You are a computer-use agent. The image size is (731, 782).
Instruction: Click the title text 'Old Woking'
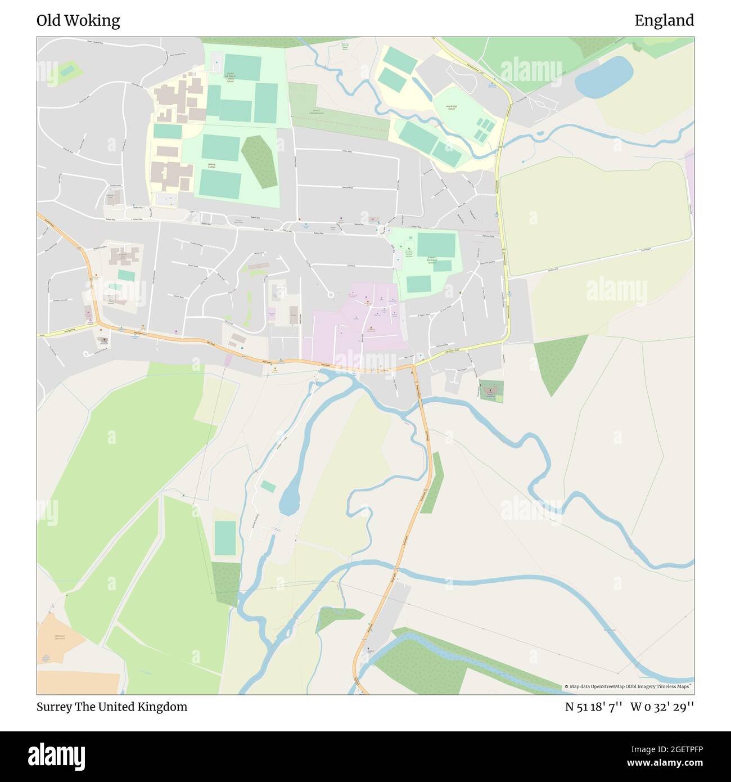point(78,21)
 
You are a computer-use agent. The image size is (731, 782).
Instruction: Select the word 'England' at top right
point(664,21)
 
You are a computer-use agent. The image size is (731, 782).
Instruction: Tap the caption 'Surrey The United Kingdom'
point(112,707)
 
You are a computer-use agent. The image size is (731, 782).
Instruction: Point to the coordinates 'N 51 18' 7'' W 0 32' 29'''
point(629,707)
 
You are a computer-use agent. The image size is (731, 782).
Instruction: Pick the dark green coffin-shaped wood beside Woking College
point(259,161)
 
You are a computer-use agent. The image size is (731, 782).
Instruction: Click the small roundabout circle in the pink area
point(330,294)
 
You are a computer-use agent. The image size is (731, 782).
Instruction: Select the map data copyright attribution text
point(628,686)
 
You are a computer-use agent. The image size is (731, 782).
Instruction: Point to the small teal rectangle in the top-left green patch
point(67,71)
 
